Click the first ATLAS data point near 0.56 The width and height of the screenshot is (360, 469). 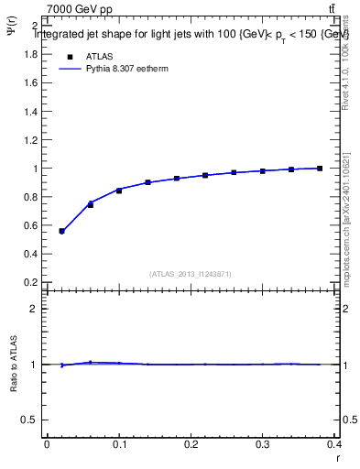(61, 231)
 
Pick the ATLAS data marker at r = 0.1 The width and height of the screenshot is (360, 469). (119, 191)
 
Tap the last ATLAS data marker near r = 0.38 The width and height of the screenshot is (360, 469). (320, 169)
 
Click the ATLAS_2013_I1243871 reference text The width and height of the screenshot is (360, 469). (190, 274)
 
